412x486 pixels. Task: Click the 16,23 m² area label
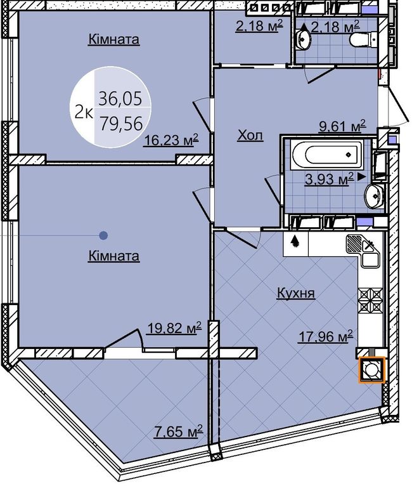click(x=171, y=141)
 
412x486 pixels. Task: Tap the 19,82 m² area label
click(x=174, y=328)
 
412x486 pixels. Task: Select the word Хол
click(x=250, y=135)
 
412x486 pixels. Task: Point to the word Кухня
click(x=296, y=293)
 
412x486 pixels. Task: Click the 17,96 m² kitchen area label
click(x=325, y=337)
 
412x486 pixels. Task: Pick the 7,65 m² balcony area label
click(x=178, y=431)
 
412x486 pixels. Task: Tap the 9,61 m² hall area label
click(x=342, y=126)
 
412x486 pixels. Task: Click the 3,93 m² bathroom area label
click(x=329, y=179)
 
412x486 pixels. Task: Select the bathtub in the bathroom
click(x=327, y=155)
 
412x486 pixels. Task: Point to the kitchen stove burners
click(x=371, y=299)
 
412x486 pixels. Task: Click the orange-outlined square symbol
click(x=371, y=369)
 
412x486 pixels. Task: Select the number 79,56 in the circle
click(x=121, y=123)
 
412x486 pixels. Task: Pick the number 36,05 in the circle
click(x=120, y=98)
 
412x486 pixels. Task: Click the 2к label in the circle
click(x=83, y=113)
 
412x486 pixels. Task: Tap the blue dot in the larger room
click(x=103, y=235)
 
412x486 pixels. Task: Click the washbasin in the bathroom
click(x=373, y=196)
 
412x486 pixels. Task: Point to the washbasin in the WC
click(x=303, y=38)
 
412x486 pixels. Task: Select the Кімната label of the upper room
click(x=114, y=40)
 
